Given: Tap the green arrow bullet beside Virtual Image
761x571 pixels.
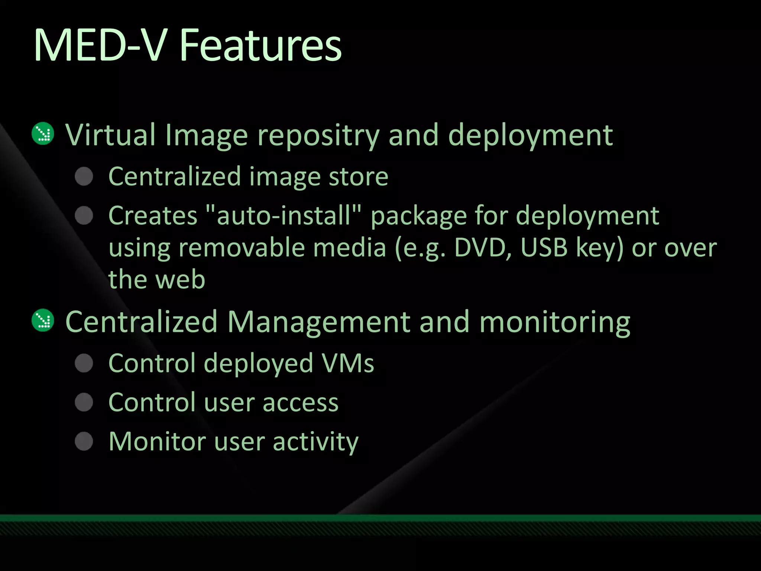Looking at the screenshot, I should click(x=43, y=133).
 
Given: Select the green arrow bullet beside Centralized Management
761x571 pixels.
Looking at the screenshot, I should click(x=43, y=320).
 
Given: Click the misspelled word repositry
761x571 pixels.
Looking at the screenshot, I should click(x=318, y=136).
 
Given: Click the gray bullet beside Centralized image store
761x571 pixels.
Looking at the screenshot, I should click(x=84, y=176).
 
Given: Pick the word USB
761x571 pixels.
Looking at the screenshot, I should click(x=544, y=248).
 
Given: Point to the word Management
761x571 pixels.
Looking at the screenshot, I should click(x=319, y=322).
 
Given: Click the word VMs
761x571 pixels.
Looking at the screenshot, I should click(x=348, y=363).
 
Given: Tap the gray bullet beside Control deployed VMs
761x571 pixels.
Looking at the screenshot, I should click(x=84, y=363).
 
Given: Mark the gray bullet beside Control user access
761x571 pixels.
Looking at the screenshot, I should click(x=84, y=402).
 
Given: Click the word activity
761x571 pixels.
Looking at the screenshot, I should click(x=315, y=442).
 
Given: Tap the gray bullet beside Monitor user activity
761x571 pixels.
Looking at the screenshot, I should click(x=84, y=442).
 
